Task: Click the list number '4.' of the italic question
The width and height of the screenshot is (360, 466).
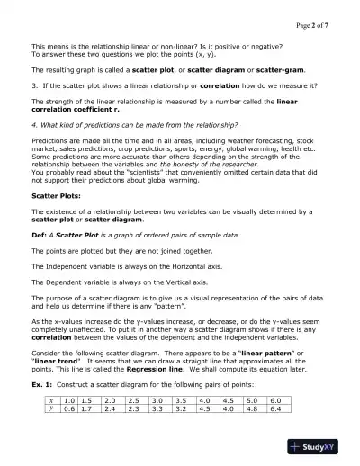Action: tap(34, 123)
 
